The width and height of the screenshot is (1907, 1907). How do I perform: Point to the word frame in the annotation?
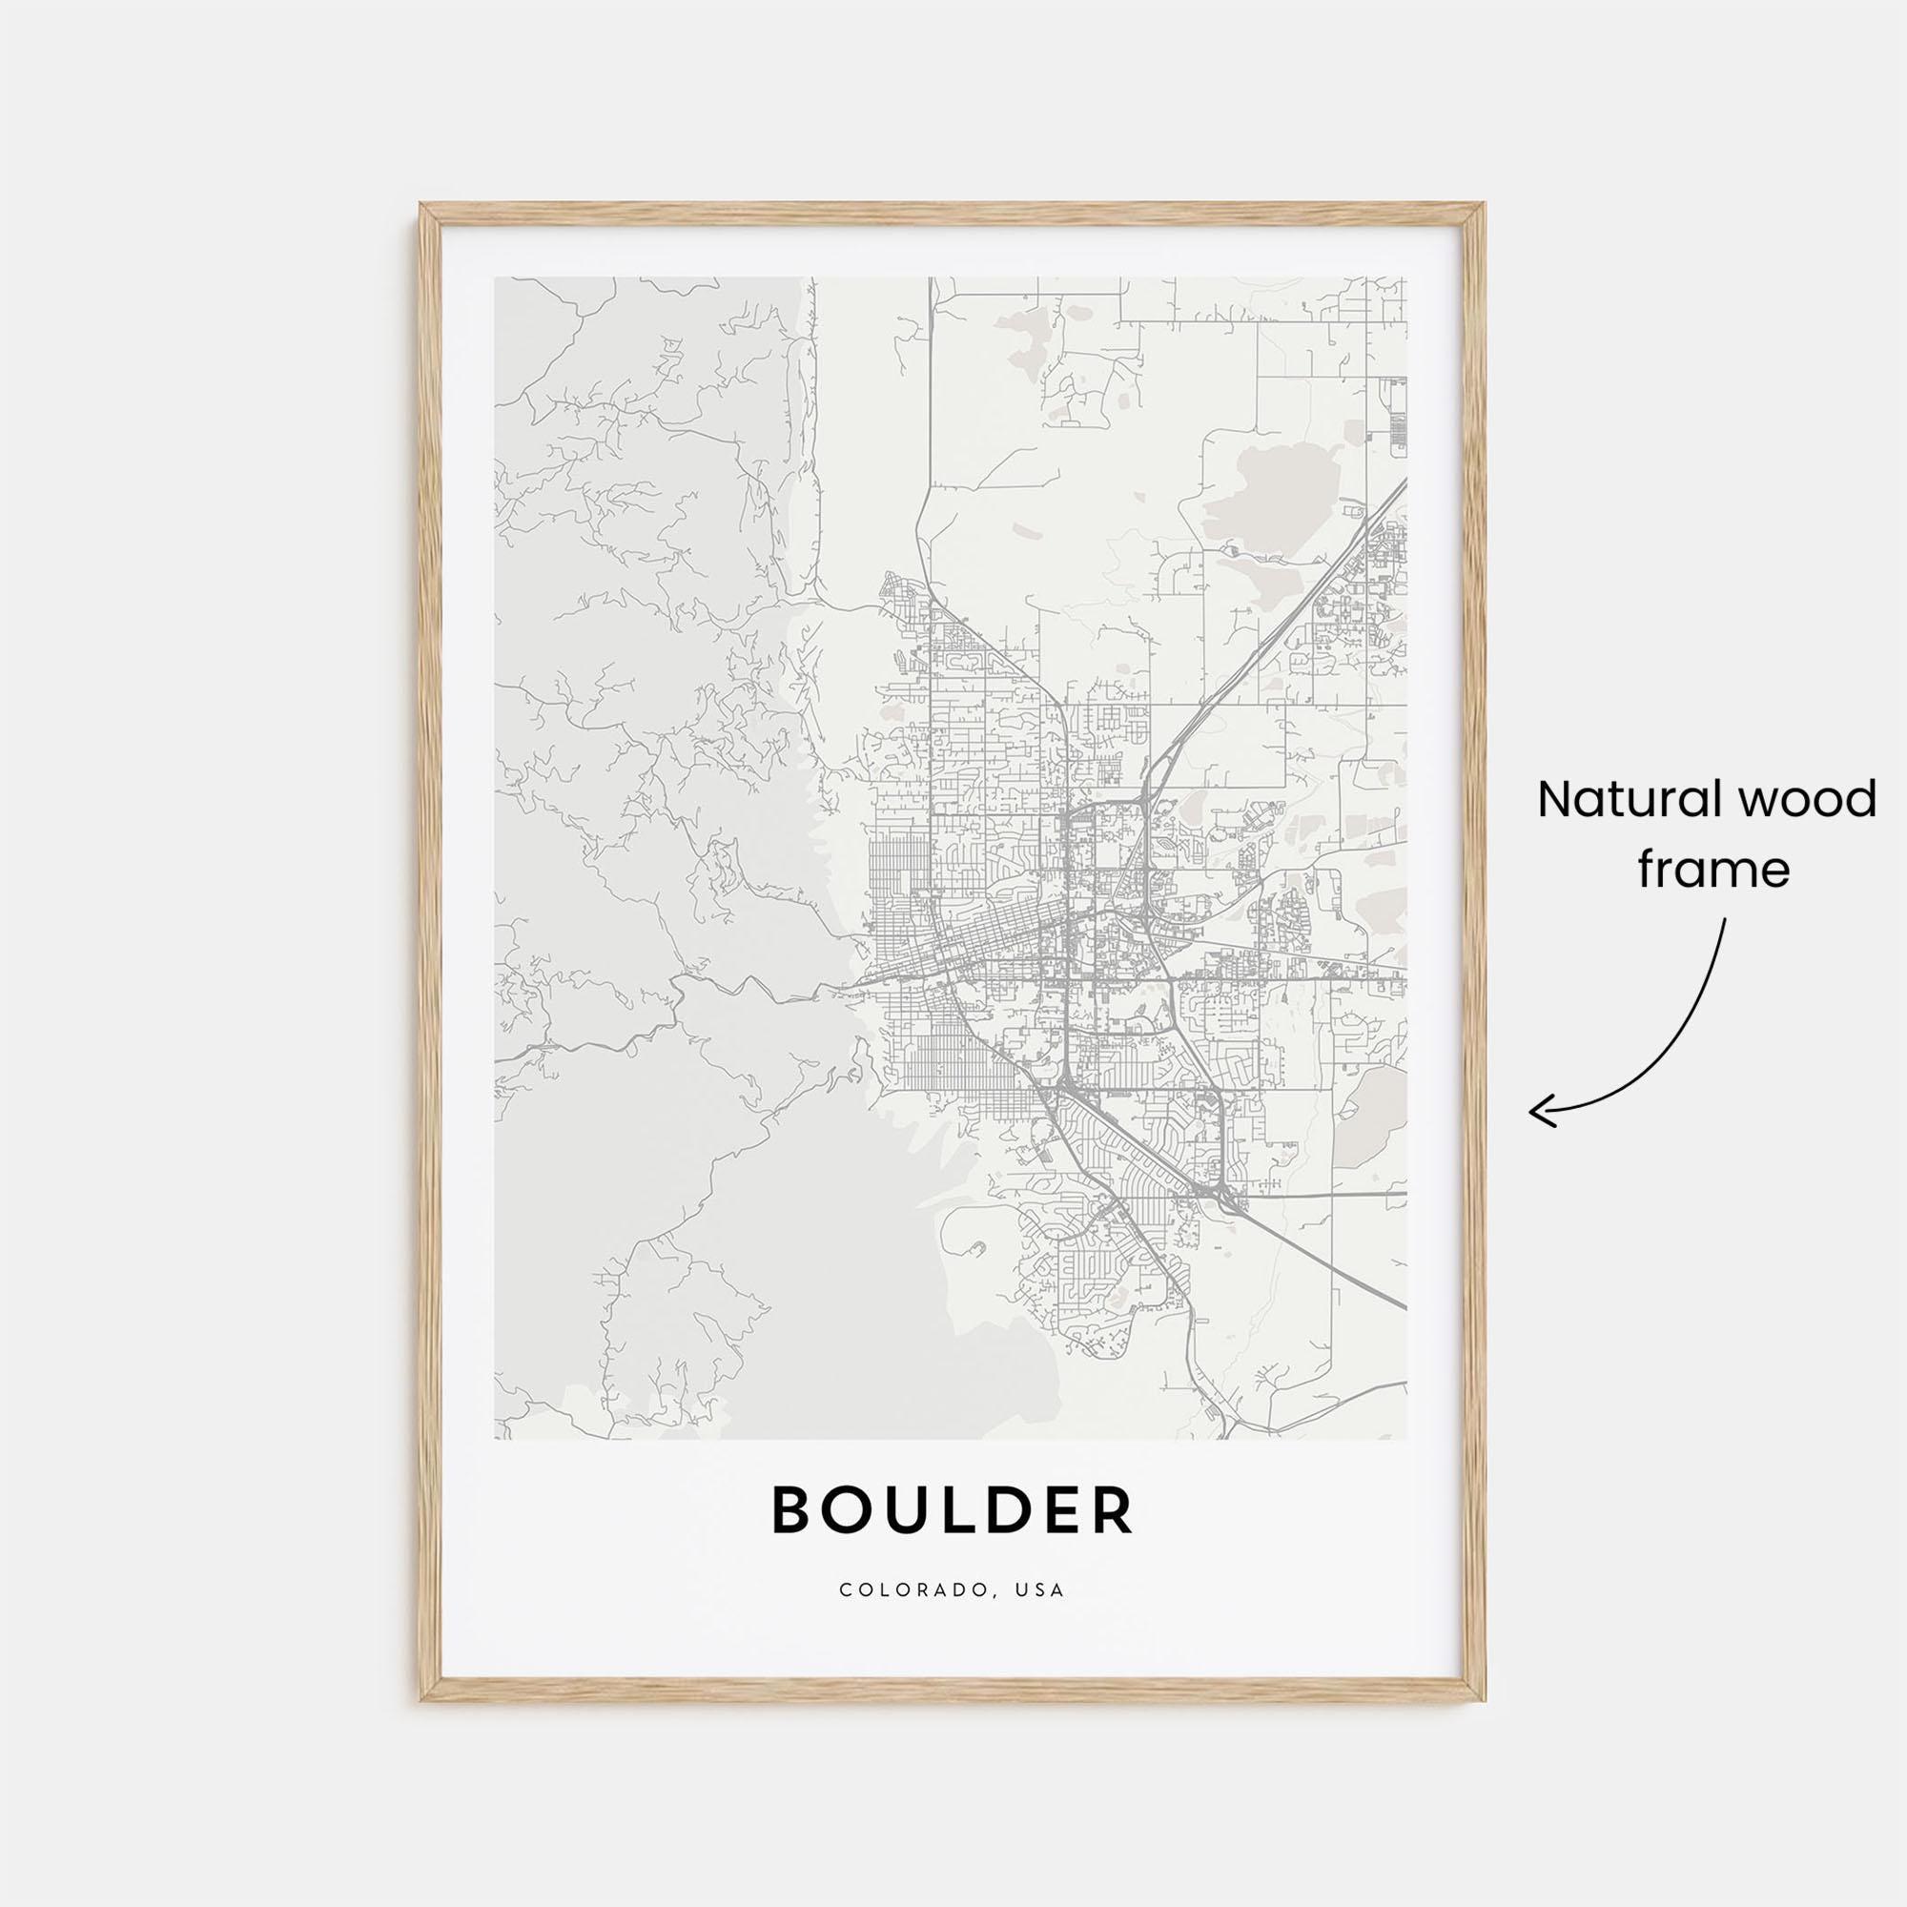(x=1713, y=871)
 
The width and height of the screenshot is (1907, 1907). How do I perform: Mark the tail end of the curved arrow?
(x=1726, y=921)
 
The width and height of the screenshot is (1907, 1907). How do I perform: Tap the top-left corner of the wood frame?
(x=422, y=206)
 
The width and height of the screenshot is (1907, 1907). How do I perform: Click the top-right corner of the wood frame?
(x=1485, y=206)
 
